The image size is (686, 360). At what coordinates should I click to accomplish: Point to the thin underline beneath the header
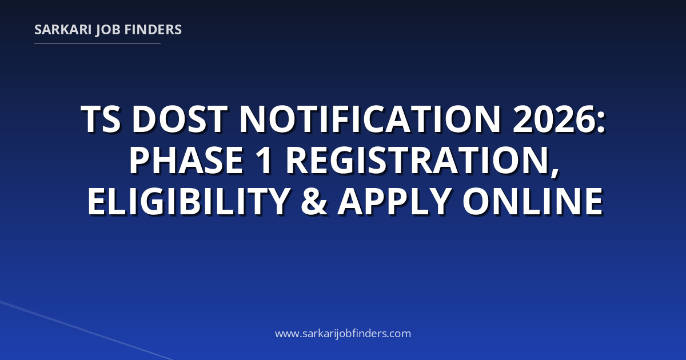click(97, 43)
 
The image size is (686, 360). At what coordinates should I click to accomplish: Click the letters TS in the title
click(101, 119)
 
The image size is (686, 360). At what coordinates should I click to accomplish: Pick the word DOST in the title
click(180, 119)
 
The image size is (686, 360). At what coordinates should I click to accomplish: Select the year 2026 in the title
click(555, 119)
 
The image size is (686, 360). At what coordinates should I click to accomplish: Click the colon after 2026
click(601, 123)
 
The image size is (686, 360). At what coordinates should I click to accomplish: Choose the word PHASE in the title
click(186, 160)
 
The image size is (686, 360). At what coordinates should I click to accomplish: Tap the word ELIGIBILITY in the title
click(189, 201)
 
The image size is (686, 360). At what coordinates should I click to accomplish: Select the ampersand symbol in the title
click(314, 201)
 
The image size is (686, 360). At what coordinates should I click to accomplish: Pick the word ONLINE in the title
click(533, 201)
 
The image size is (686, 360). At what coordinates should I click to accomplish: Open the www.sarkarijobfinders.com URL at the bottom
click(343, 333)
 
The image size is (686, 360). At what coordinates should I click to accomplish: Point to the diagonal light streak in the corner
click(86, 330)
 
